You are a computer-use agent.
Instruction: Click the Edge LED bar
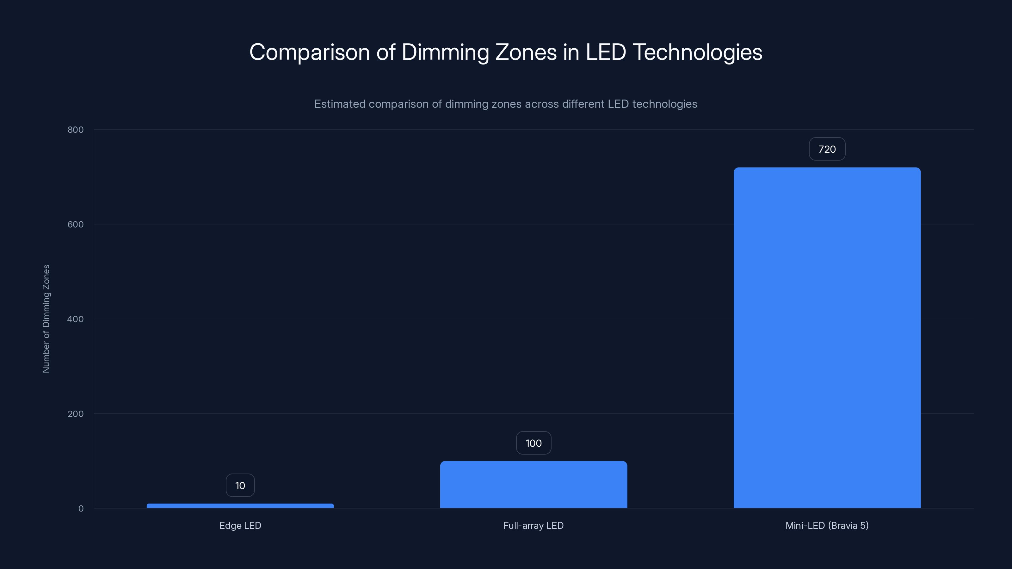240,506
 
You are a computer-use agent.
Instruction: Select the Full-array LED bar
534,485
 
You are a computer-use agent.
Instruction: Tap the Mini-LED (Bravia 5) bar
827,338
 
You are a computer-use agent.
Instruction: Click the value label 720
827,149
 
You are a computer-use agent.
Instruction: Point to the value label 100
534,443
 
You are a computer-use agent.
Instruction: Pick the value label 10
240,485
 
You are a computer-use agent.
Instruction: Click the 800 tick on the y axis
76,130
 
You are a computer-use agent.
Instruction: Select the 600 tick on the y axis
76,224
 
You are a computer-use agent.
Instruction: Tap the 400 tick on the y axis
76,319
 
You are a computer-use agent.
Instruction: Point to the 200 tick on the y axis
76,413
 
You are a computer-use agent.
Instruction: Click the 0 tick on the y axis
81,509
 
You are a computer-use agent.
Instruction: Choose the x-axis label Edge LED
240,525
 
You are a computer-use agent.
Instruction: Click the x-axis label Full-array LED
534,525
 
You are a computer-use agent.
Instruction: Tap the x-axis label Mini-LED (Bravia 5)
827,525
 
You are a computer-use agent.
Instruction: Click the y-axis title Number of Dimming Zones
46,318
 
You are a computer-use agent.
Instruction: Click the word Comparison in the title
310,52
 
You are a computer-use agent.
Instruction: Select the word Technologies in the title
697,52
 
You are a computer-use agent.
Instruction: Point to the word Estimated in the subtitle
339,104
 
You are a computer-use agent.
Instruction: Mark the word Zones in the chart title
526,52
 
